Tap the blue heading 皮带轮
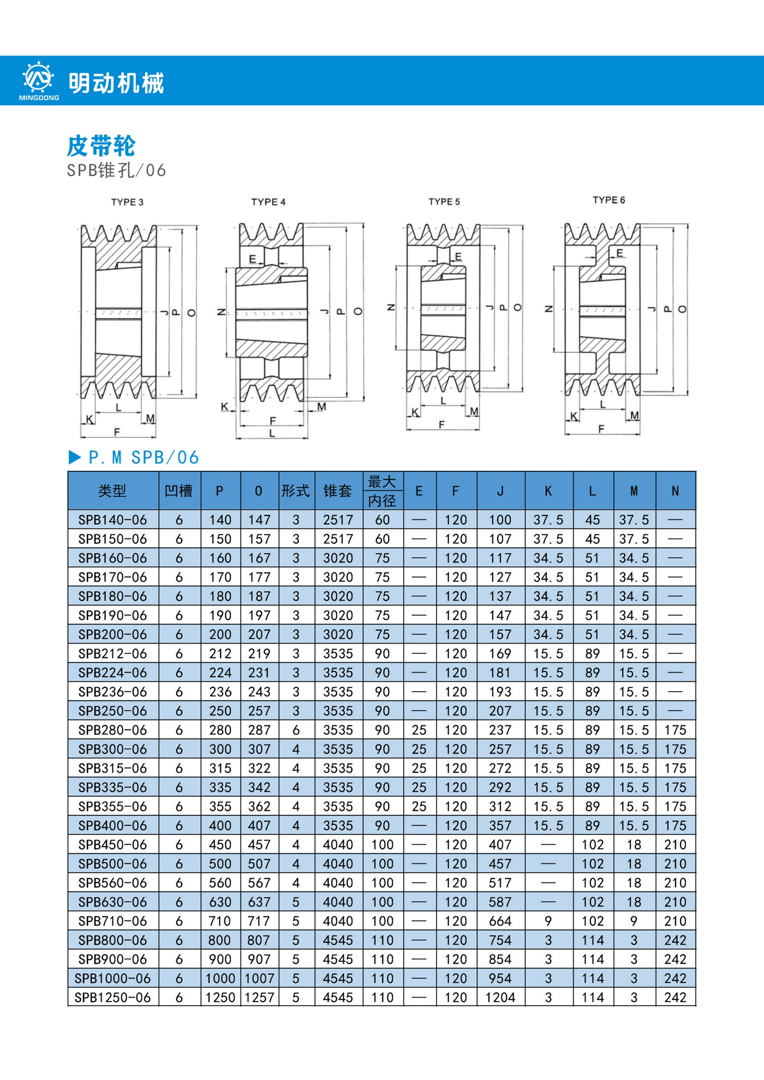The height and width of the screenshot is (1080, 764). (x=101, y=146)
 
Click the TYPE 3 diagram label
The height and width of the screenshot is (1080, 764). (x=127, y=202)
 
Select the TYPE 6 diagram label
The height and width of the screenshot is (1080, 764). (x=609, y=200)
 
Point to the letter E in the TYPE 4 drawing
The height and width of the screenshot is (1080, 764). (x=253, y=259)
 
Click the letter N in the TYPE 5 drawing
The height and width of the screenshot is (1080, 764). (x=391, y=308)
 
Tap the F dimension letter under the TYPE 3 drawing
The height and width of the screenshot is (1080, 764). (x=117, y=432)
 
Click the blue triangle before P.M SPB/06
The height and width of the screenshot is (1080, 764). (x=75, y=457)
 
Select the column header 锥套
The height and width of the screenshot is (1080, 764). (x=338, y=491)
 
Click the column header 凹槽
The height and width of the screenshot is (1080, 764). (x=179, y=491)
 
